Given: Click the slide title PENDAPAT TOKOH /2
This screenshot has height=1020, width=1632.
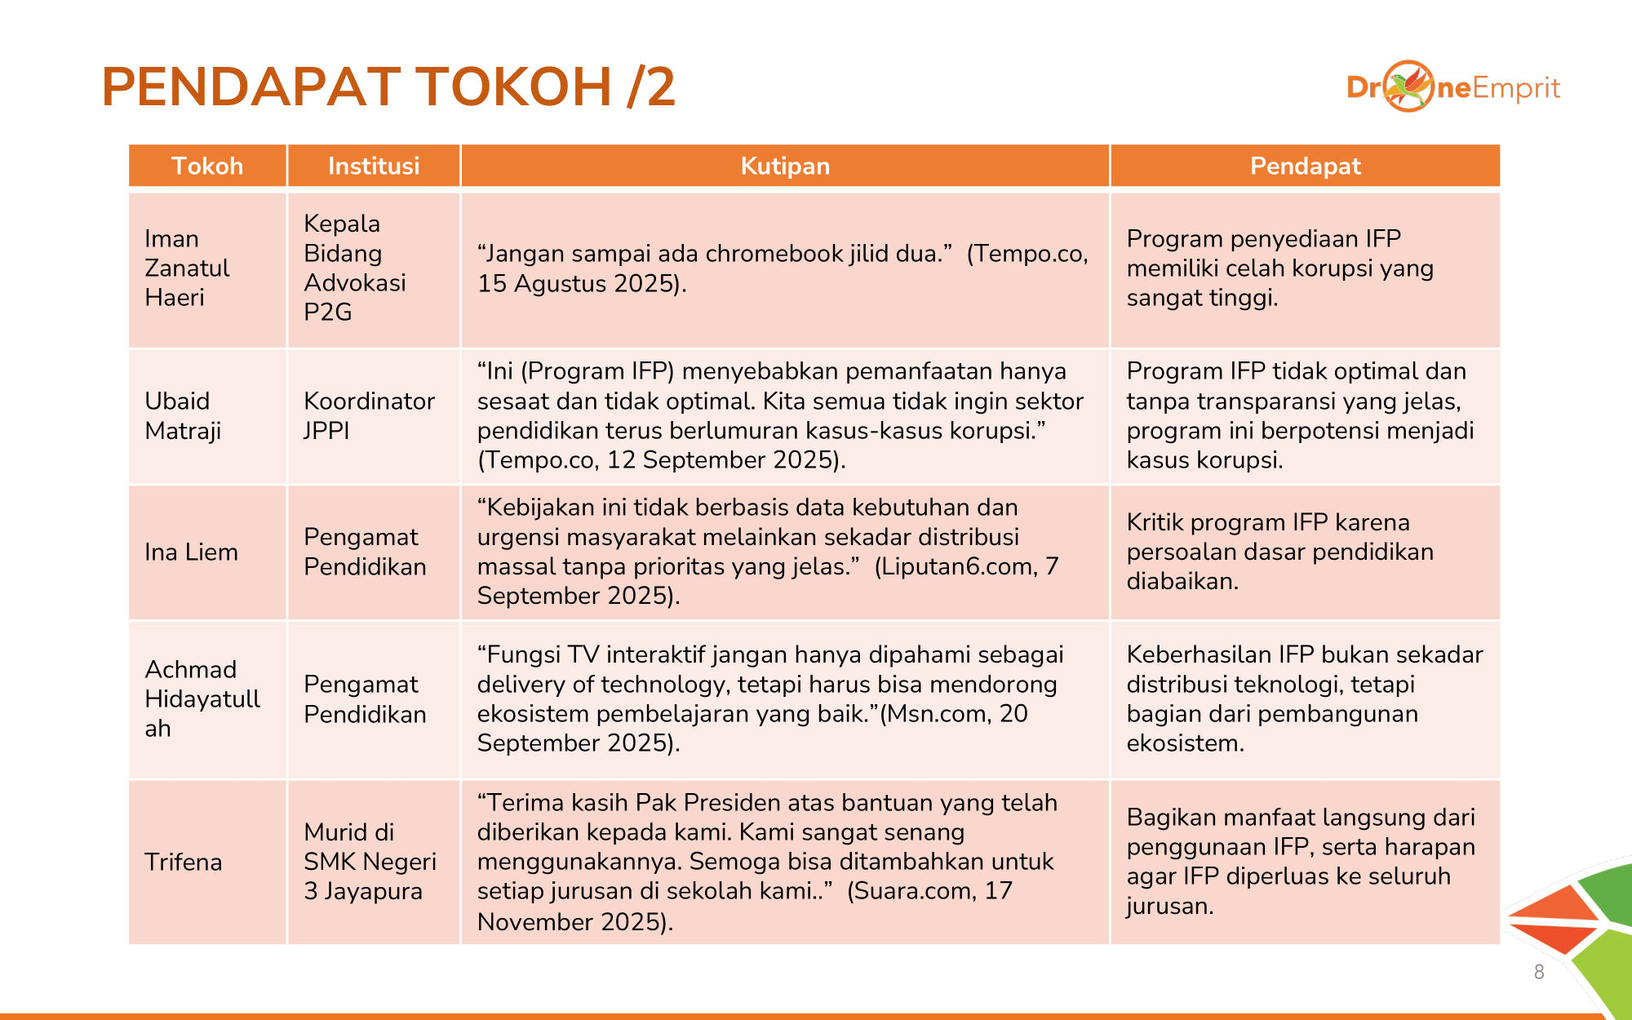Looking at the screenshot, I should [x=388, y=86].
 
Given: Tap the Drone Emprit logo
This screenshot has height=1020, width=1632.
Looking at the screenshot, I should [x=1452, y=86].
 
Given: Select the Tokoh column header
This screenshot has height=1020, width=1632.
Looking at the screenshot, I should [x=207, y=166].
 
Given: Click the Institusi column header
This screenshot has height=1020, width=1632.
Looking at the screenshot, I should [x=374, y=166].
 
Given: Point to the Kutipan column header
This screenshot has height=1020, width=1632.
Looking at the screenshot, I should [x=785, y=166].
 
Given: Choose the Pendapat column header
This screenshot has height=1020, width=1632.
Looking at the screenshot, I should [x=1305, y=166].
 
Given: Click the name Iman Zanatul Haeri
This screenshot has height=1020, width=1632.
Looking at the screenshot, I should [x=187, y=268].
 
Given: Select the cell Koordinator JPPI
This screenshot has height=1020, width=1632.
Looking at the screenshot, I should [x=369, y=415].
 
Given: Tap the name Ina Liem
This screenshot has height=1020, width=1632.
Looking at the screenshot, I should [x=191, y=552].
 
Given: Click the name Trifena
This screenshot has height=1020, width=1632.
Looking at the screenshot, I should [x=183, y=862].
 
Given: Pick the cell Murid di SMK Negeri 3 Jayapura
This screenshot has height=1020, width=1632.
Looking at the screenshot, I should [x=370, y=861].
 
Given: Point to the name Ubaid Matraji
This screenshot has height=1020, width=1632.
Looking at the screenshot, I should [x=183, y=415].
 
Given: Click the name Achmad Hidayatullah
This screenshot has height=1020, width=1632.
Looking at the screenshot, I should [x=202, y=698].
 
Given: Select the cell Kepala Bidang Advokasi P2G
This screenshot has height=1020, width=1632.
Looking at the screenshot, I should [x=354, y=268].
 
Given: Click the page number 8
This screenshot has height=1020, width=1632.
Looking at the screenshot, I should [x=1539, y=972].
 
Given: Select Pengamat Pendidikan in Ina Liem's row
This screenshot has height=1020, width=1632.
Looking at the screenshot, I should [x=365, y=552].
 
